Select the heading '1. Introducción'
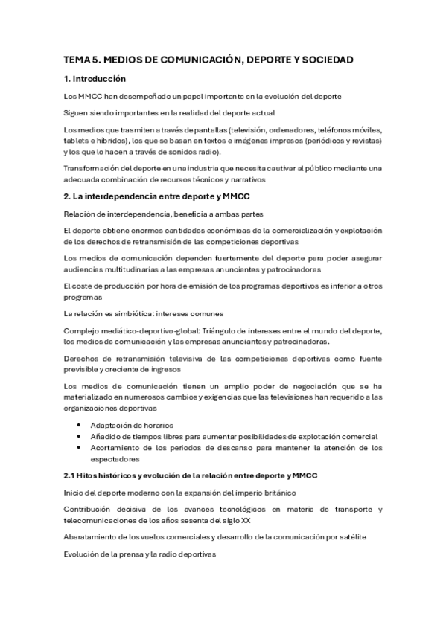(x=95, y=79)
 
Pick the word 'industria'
(x=208, y=168)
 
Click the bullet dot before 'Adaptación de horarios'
(x=80, y=425)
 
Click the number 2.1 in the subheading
(x=71, y=475)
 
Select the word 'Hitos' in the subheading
(x=92, y=475)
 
